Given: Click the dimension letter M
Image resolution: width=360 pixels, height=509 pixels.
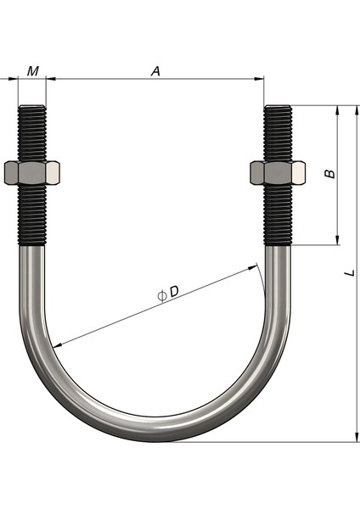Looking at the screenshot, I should coord(32,70).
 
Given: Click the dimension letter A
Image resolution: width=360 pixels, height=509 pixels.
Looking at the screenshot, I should coord(155,71).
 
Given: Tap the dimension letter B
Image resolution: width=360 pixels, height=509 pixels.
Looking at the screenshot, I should coord(331,173).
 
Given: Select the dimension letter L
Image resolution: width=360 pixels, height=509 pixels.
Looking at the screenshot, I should coord(349,273).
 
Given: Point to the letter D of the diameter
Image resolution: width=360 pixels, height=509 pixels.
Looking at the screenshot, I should coord(174,291).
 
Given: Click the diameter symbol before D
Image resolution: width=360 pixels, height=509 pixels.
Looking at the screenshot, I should coord(161,294).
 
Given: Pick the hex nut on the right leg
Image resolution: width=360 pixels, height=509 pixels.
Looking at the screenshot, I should coord(278,173).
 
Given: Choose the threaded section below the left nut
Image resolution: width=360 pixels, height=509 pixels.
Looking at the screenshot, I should coord(32,215).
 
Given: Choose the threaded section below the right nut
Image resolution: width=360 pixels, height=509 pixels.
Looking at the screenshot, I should coord(278,215).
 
